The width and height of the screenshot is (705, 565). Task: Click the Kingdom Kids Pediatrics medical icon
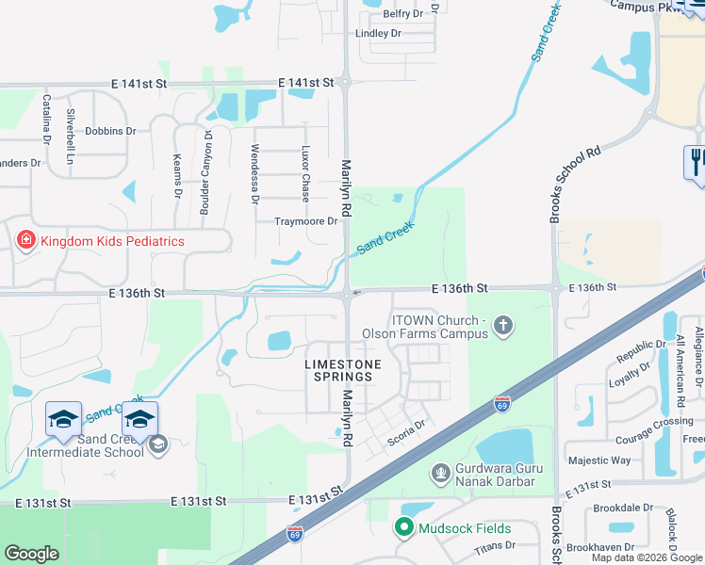point(26,241)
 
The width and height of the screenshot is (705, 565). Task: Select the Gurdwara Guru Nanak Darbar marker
point(439,472)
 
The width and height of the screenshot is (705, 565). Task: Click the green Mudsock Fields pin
point(405,528)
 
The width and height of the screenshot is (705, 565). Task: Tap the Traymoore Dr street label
point(305,221)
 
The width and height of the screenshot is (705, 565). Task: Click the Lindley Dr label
point(378,33)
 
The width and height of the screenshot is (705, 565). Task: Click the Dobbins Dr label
point(105,132)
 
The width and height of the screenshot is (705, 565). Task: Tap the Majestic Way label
point(599,460)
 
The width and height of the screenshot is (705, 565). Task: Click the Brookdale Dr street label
point(617,507)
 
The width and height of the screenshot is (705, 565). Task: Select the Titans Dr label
point(495,545)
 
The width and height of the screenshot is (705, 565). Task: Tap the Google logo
point(31,554)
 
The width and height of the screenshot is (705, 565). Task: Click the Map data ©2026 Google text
point(647,557)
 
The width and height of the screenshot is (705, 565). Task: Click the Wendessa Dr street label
point(254,174)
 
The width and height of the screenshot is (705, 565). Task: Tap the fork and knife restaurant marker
point(696,161)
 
